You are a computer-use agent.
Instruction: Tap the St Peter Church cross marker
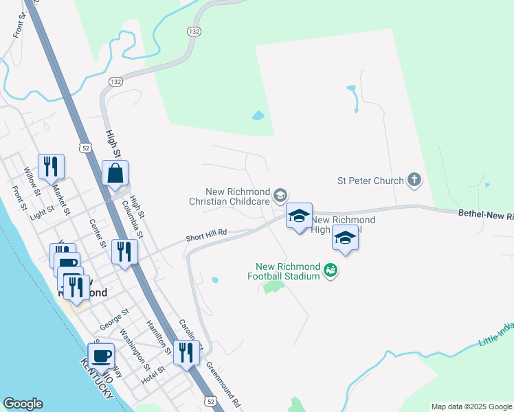pyautogui.click(x=414, y=180)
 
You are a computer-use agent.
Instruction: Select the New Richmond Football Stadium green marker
pyautogui.click(x=331, y=271)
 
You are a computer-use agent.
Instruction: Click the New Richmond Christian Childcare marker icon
pyautogui.click(x=280, y=196)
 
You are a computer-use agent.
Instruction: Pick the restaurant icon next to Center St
pyautogui.click(x=124, y=251)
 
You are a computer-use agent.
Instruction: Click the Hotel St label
pyautogui.click(x=153, y=374)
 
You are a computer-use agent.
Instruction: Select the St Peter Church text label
pyautogui.click(x=370, y=181)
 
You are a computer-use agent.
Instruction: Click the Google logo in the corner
pyautogui.click(x=23, y=404)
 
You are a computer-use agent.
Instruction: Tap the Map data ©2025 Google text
pyautogui.click(x=471, y=407)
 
